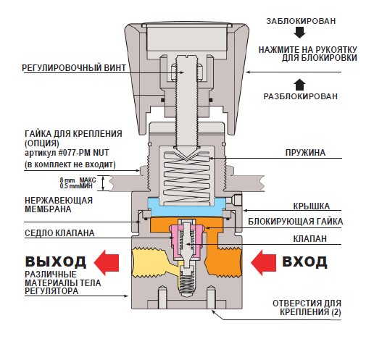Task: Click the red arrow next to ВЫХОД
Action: point(107,262)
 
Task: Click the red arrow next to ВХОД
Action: point(263,262)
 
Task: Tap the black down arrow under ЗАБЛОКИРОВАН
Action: point(299,33)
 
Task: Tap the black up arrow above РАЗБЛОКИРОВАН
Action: point(299,85)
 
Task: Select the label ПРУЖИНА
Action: point(305,153)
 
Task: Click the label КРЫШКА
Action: point(311,206)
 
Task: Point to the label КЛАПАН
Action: point(309,238)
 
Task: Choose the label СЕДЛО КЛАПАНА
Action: point(59,233)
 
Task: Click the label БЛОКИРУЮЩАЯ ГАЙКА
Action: point(295,222)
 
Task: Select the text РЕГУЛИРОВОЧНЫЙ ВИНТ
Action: point(74,67)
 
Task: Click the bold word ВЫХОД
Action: point(56,261)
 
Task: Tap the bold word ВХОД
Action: point(304,261)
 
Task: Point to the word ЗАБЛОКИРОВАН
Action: point(301,21)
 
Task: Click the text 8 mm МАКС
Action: point(78,180)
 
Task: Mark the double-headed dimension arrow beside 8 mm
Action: point(103,183)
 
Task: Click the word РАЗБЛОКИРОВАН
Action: point(300,96)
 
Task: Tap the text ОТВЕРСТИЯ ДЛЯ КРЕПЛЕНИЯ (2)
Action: point(307,308)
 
